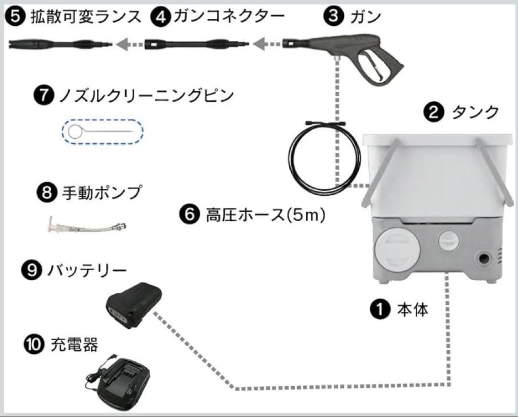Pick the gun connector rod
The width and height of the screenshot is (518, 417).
coord(197,44)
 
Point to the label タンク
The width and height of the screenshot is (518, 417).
coord(472,113)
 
